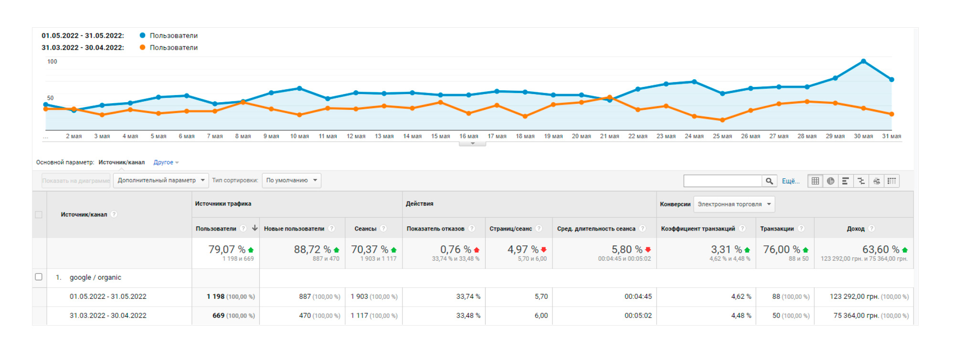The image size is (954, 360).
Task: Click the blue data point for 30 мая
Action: click(863, 61)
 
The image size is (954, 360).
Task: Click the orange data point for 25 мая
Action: click(722, 120)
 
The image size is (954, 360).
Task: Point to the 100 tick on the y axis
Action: click(52, 62)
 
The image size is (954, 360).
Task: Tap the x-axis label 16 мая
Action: click(468, 136)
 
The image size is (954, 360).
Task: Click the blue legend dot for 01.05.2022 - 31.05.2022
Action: click(142, 35)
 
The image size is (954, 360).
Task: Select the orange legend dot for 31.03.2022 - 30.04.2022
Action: click(142, 47)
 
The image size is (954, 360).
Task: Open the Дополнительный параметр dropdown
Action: click(161, 180)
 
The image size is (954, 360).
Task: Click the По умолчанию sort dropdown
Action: click(292, 180)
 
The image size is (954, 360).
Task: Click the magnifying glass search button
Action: click(769, 181)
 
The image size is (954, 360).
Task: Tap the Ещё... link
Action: click(790, 181)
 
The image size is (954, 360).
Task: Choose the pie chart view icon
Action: click(831, 181)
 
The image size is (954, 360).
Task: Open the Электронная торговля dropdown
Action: click(734, 204)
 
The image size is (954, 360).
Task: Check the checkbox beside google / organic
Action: click(39, 277)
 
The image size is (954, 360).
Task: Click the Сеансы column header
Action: click(365, 229)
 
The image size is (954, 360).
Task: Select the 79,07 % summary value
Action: click(227, 250)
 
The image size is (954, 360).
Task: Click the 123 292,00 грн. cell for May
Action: click(854, 296)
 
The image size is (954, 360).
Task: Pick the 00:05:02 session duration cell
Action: click(638, 316)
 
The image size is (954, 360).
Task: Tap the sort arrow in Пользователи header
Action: click(255, 228)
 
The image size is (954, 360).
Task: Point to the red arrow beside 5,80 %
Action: click(648, 250)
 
